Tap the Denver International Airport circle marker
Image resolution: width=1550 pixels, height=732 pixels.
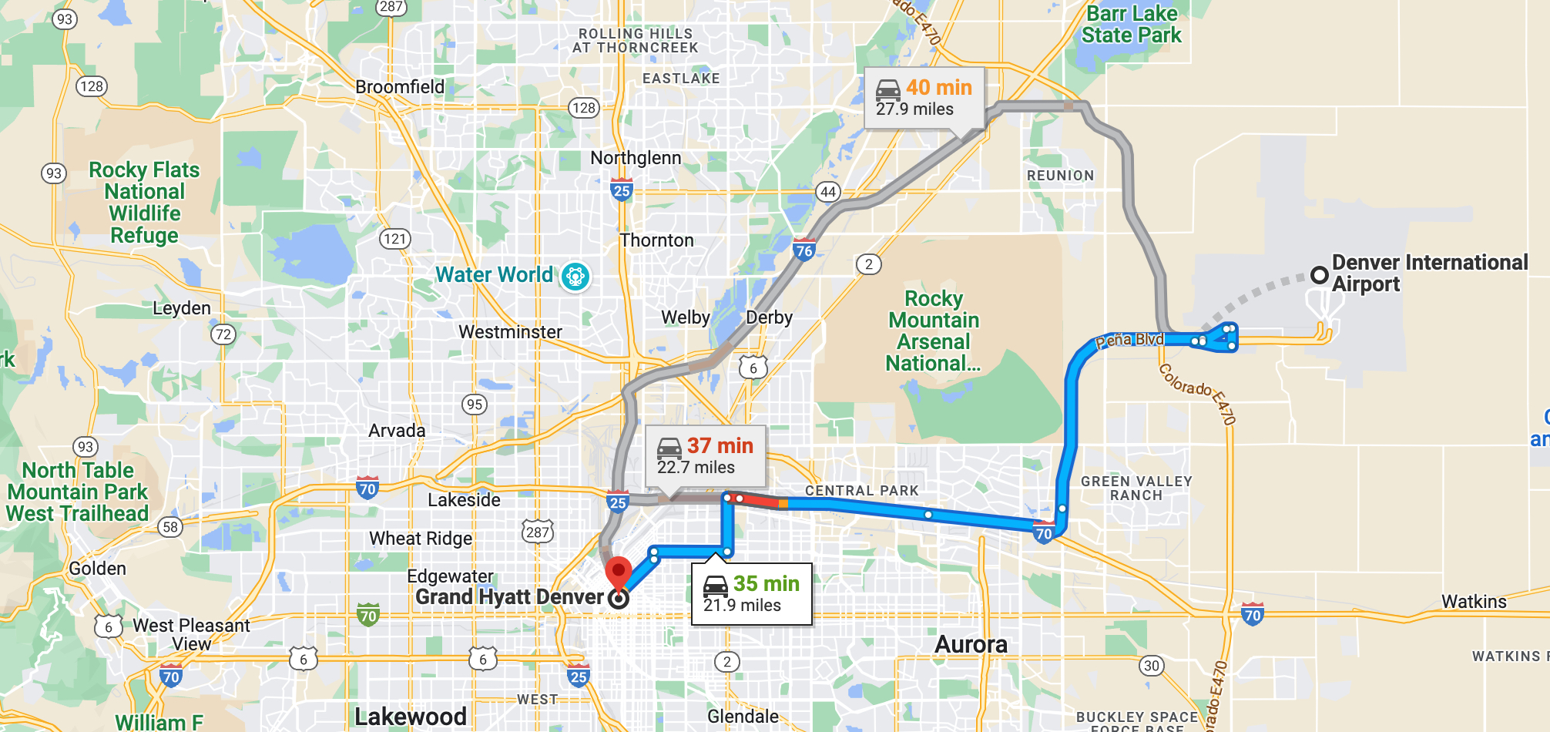[x=1319, y=274]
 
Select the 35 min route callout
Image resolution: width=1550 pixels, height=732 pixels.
[x=751, y=594]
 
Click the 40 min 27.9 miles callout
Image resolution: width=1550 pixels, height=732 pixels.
[x=924, y=98]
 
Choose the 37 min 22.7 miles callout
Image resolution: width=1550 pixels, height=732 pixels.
[x=705, y=456]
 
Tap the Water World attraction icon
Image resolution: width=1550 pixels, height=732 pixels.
[x=575, y=276]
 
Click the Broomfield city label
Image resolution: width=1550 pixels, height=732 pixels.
[x=400, y=87]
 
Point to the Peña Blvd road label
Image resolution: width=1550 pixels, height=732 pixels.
[x=1129, y=340]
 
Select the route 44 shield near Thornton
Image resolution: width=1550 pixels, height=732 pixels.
[x=827, y=192]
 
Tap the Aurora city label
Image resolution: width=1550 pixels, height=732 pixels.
[x=971, y=644]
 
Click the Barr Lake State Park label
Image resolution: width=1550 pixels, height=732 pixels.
[x=1131, y=25]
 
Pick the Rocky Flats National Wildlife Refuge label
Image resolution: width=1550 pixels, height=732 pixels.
[x=144, y=203]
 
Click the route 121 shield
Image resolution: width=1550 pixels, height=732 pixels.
[x=394, y=239]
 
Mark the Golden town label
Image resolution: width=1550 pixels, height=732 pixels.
[x=97, y=569]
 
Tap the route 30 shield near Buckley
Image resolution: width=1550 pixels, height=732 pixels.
[x=1151, y=666]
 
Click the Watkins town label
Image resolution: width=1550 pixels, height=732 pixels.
[x=1473, y=602]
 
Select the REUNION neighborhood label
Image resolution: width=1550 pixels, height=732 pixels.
[x=1060, y=176]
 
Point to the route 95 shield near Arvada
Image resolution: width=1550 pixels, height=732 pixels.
[x=475, y=404]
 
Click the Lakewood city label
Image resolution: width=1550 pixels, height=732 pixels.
[x=410, y=717]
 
